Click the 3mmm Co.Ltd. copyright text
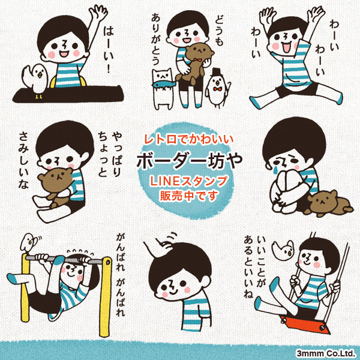(x=326, y=353)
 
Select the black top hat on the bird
(x=216, y=72)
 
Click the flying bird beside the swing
(x=283, y=250)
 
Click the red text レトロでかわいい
(x=189, y=139)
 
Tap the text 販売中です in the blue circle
(x=188, y=196)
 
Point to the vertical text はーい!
(x=109, y=50)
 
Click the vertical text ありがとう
(x=156, y=39)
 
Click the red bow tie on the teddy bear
(x=196, y=60)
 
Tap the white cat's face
(x=162, y=76)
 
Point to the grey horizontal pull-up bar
(x=64, y=260)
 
